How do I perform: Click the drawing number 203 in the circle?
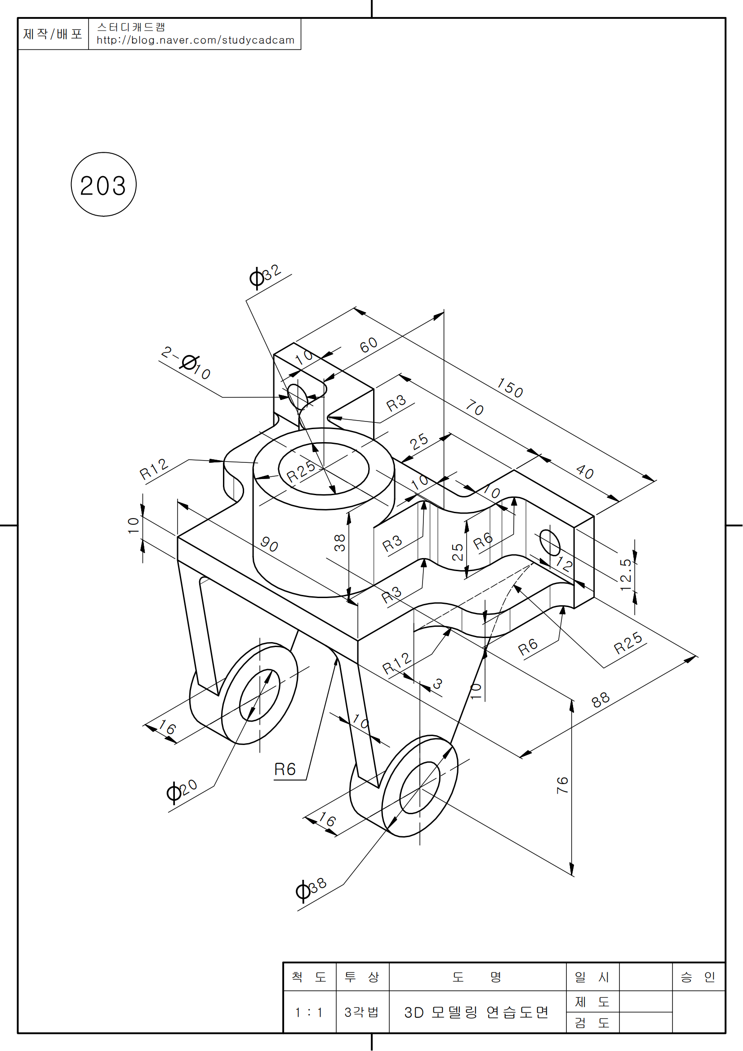103,186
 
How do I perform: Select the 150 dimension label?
510,388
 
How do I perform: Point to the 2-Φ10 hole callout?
187,364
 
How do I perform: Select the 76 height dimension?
563,785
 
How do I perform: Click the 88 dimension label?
601,699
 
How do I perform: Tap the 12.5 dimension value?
626,575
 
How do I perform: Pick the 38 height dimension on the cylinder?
339,543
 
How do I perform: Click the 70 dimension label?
475,408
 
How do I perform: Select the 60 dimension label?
369,345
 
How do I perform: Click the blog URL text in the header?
196,40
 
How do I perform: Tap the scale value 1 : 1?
309,1012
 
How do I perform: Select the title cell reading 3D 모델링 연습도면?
476,1012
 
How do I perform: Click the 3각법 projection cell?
362,1012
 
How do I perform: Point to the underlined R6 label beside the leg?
285,769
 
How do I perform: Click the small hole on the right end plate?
550,542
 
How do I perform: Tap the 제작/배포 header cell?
53,34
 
